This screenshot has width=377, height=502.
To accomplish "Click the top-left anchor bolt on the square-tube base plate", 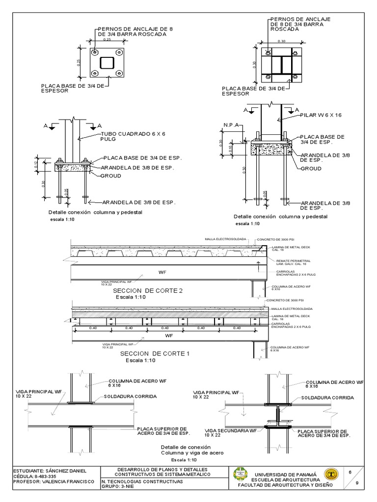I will coord(95,52).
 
